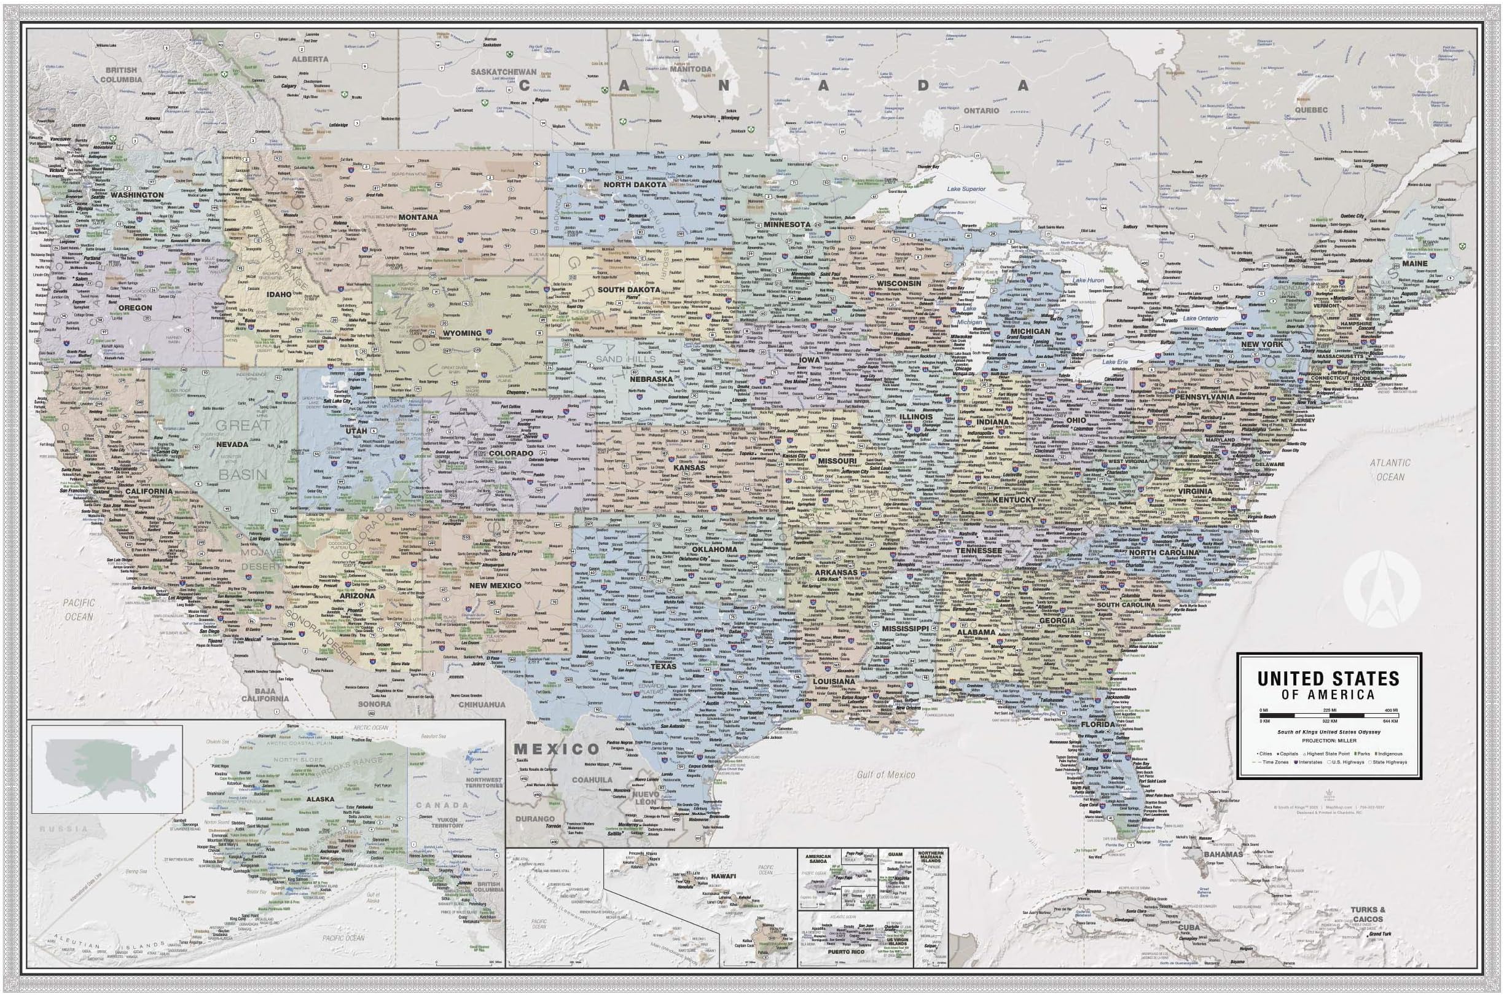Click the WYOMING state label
coord(461,332)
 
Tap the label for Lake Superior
coord(966,189)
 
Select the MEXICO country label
coord(556,749)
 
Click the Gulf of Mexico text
coord(886,775)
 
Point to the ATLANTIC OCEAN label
coord(1390,470)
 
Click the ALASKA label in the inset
coord(320,800)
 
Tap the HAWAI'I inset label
coord(723,876)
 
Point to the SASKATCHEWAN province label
coord(504,72)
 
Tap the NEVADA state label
coord(232,444)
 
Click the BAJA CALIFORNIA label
coord(265,694)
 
